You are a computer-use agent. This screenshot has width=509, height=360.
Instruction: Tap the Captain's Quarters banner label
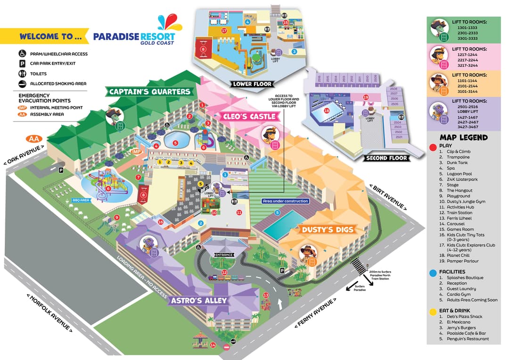pos(150,91)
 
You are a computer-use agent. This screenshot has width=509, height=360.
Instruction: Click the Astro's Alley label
pos(198,300)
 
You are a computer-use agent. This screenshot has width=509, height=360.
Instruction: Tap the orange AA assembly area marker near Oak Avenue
pos(33,139)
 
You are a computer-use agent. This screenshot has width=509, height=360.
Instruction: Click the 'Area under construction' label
pos(286,201)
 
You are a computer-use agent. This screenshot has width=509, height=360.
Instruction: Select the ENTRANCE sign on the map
pos(224,255)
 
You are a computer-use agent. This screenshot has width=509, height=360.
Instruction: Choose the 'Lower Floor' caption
pos(252,84)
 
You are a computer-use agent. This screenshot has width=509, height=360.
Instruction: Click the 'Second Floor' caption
pos(386,158)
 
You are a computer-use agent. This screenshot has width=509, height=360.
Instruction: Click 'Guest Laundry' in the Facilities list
pos(461,289)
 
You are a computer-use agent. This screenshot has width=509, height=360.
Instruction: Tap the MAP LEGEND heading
pos(463,138)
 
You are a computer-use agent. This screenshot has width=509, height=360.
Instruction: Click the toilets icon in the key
pos(22,74)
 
